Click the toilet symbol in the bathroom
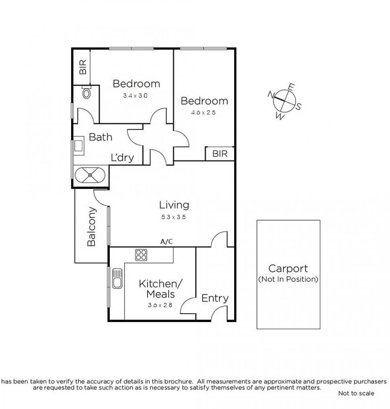86,93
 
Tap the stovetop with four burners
141,254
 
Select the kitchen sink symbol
117,278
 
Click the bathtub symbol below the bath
90,176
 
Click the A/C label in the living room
167,242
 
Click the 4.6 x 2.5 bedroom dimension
203,113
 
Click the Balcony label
92,227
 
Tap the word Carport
288,269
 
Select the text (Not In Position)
288,279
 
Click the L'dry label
122,158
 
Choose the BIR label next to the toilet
83,67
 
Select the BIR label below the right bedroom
220,154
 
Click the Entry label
215,298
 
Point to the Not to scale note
356,393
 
